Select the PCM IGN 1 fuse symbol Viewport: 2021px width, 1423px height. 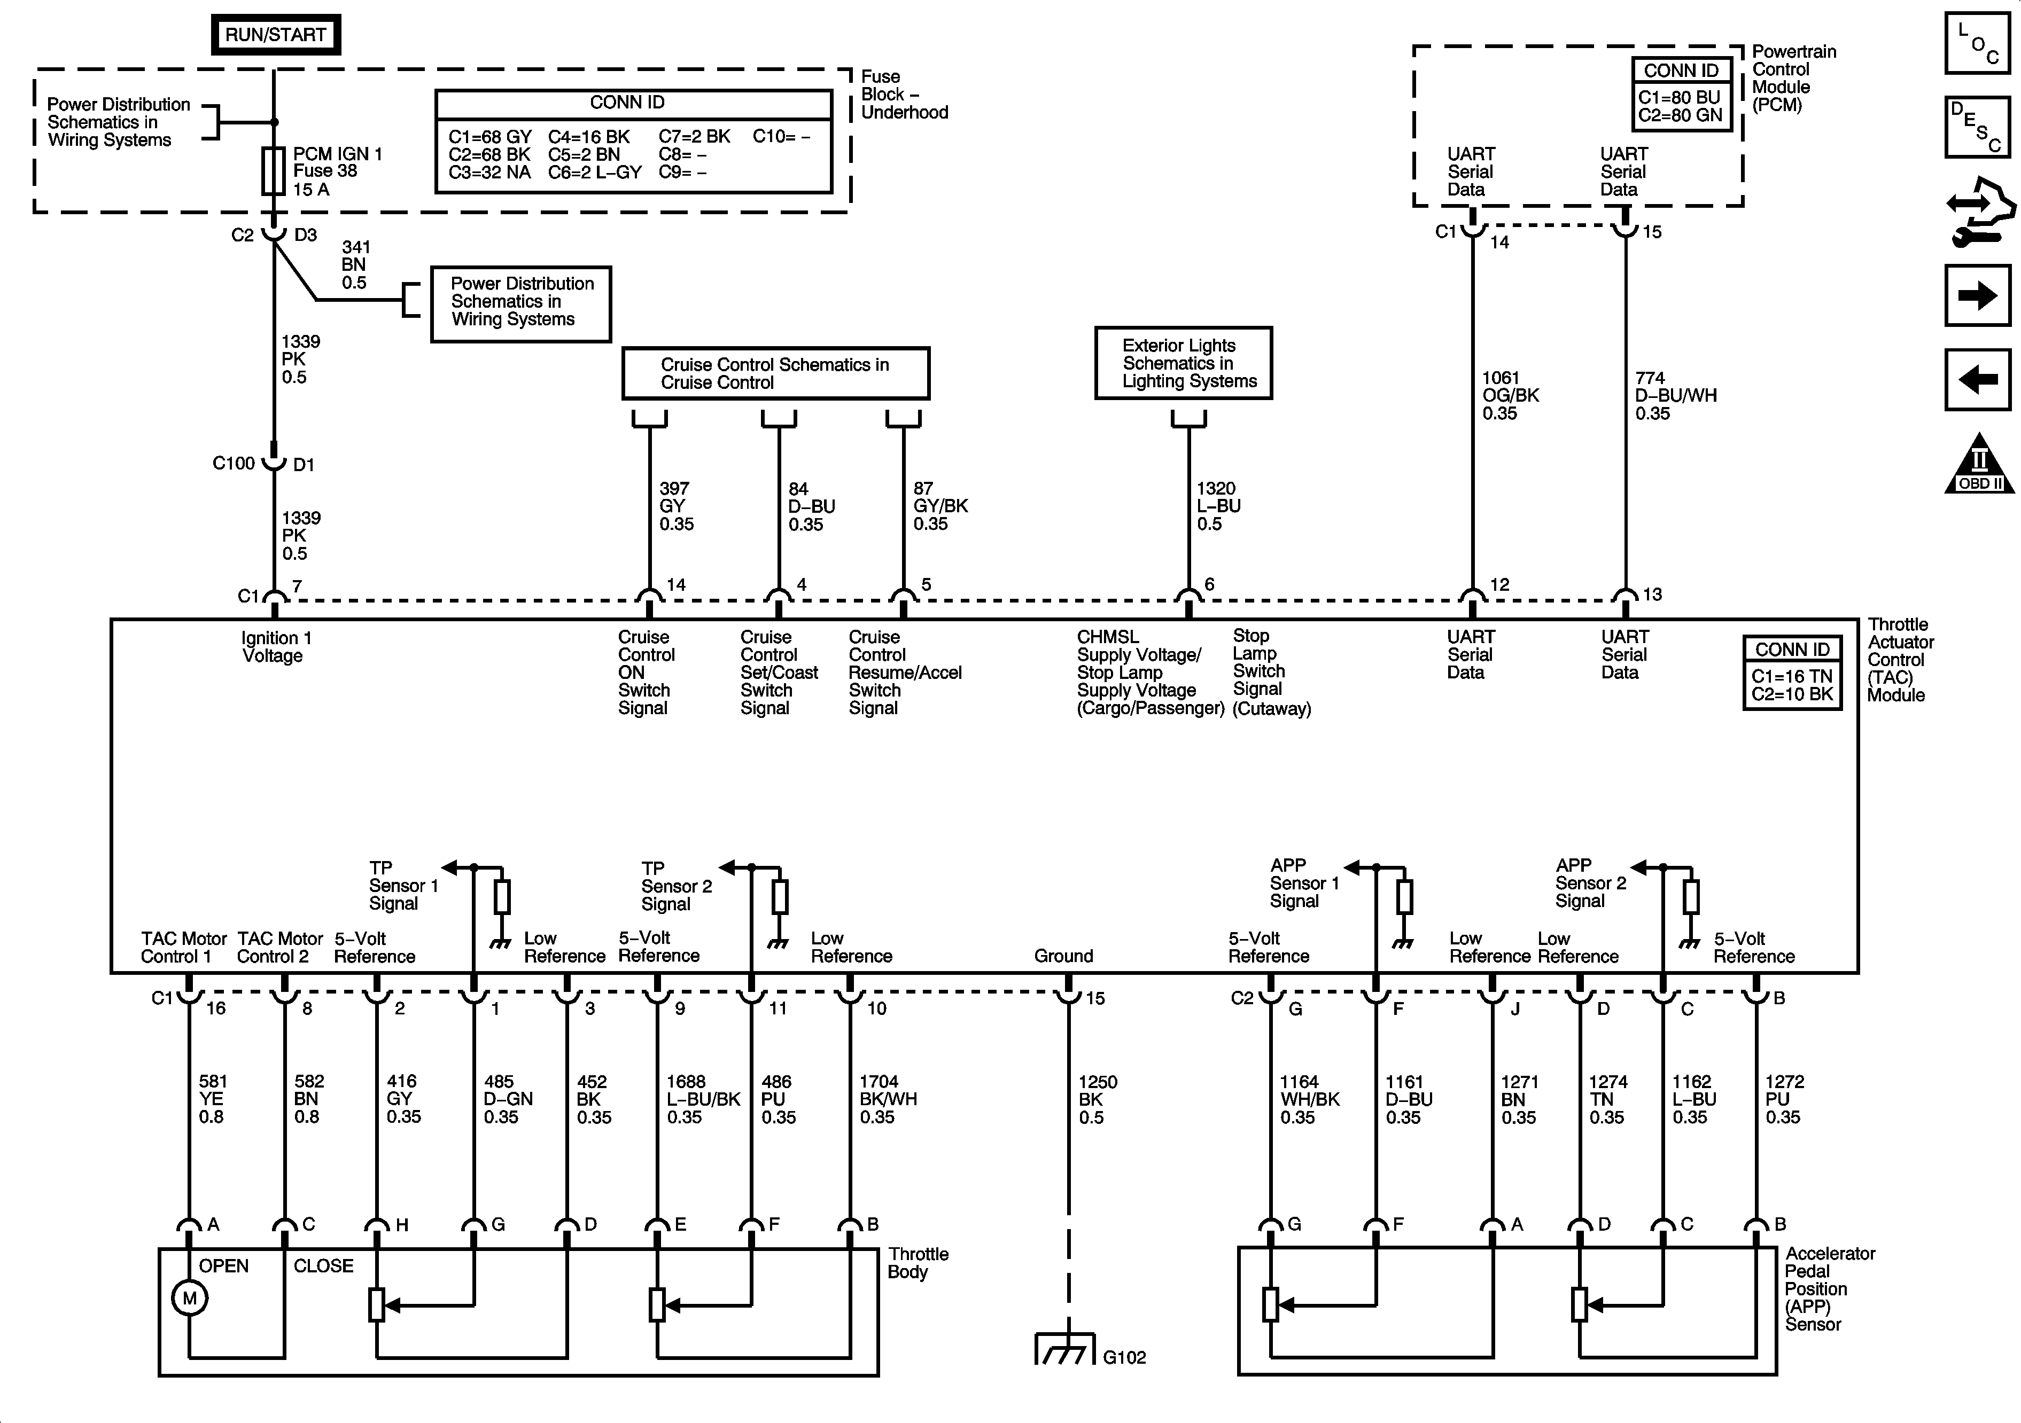(274, 171)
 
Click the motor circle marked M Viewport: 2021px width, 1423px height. (189, 1298)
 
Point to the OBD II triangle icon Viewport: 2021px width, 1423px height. (1979, 463)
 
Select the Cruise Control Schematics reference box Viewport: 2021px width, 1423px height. (775, 373)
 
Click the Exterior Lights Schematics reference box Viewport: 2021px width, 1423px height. (1183, 363)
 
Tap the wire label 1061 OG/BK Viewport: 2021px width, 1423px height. (1511, 396)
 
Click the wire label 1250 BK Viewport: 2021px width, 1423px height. (1098, 1099)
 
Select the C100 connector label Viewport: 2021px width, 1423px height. (234, 463)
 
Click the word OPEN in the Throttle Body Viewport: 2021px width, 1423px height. (223, 1265)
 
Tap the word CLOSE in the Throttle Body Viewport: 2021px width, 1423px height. (323, 1265)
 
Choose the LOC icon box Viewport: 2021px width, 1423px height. (1978, 42)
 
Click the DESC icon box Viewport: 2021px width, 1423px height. (1978, 126)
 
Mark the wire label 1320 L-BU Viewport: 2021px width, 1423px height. (1218, 506)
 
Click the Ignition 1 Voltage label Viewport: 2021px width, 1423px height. (276, 647)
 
